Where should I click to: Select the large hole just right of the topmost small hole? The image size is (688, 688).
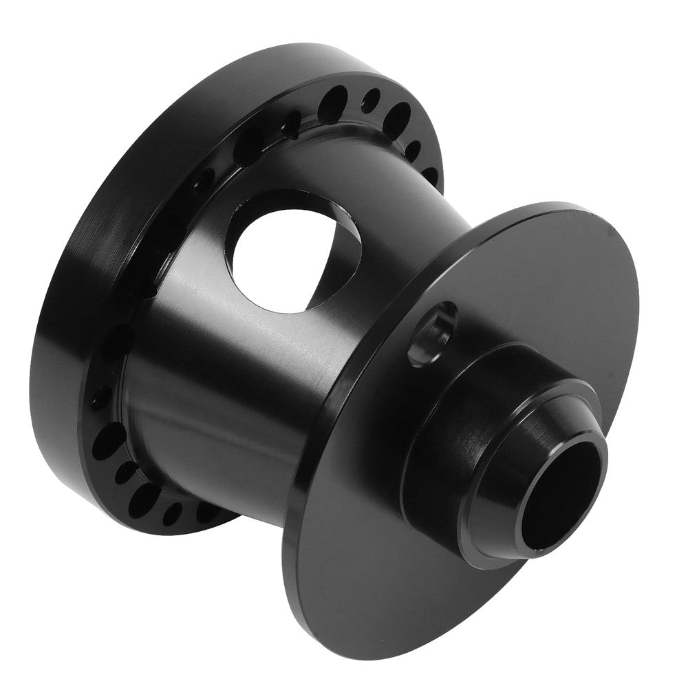pyautogui.click(x=396, y=118)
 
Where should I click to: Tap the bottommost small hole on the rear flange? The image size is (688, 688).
pyautogui.click(x=171, y=513)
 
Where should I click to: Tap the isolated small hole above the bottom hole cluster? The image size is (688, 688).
pyautogui.click(x=101, y=398)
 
